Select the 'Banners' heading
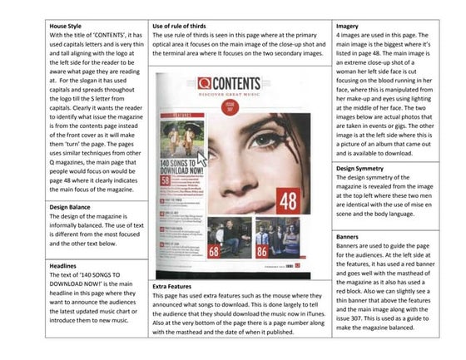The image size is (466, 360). (x=349, y=237)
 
